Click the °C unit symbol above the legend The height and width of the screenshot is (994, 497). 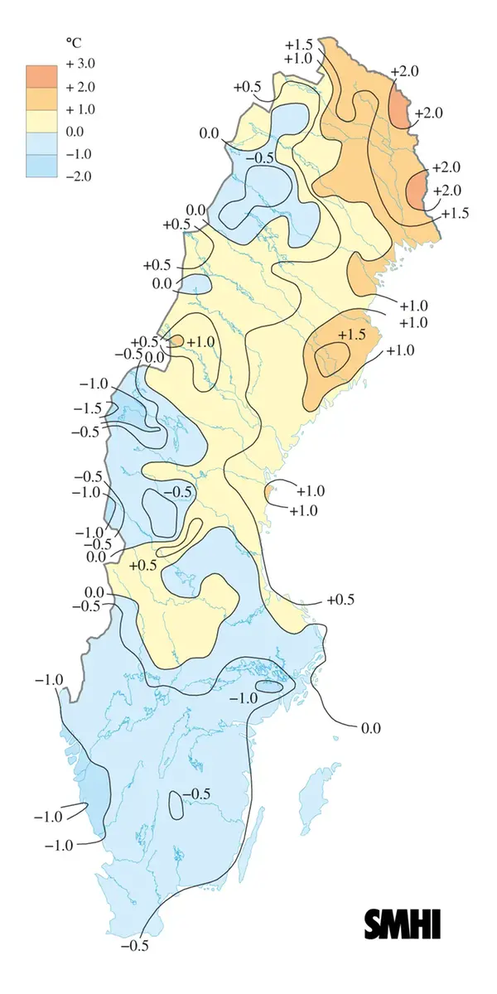[x=72, y=41]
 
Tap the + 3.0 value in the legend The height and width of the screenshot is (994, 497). [x=80, y=65]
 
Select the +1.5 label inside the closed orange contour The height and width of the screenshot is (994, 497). [x=351, y=335]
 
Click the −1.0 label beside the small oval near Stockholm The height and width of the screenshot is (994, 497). [x=243, y=699]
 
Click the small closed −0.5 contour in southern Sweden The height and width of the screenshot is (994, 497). [x=176, y=804]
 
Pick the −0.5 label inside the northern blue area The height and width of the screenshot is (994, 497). [x=263, y=157]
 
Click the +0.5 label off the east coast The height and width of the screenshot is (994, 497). [x=340, y=600]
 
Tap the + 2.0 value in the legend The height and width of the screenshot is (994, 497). [x=80, y=87]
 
